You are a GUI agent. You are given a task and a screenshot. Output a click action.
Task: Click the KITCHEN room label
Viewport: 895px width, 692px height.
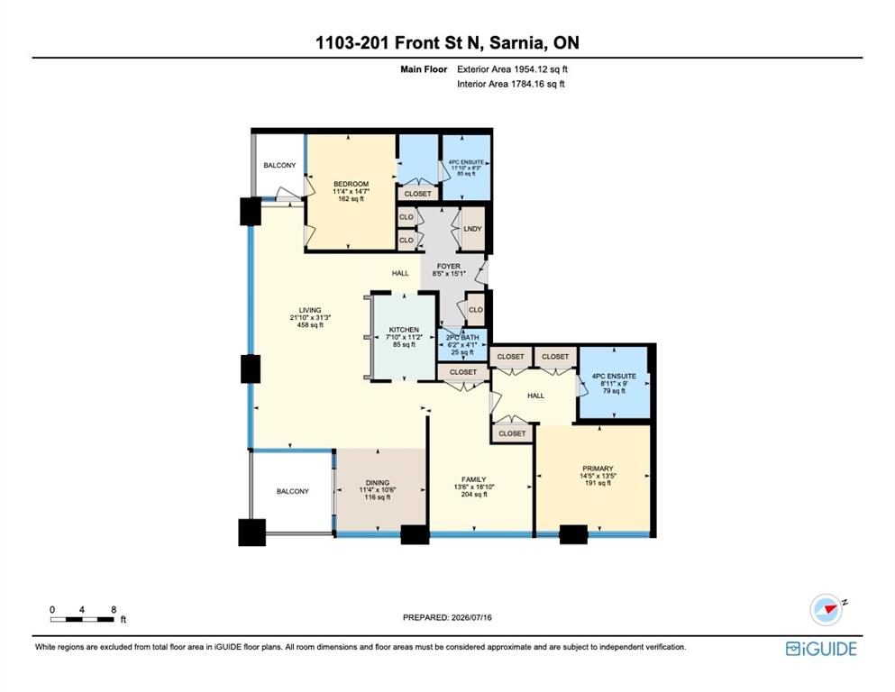(404, 330)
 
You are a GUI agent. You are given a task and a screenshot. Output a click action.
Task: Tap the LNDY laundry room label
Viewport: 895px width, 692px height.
(472, 229)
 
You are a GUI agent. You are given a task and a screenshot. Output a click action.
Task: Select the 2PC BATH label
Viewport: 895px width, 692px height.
(462, 338)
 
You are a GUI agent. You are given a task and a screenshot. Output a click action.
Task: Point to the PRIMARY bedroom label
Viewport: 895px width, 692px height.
(598, 469)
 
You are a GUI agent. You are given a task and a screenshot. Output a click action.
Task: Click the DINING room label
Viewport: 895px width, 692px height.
(378, 483)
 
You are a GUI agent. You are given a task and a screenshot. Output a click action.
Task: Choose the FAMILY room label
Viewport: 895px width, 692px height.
(474, 479)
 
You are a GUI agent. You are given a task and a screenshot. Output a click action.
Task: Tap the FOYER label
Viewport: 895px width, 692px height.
(449, 267)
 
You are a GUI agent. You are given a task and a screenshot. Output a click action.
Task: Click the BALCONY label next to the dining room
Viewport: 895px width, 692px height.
(293, 491)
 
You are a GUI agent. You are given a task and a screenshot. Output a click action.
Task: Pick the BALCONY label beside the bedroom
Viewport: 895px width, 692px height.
(279, 166)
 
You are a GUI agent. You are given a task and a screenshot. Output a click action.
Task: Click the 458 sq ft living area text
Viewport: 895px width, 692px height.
(310, 325)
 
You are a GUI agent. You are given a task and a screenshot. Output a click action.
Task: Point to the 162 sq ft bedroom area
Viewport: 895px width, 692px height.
(351, 199)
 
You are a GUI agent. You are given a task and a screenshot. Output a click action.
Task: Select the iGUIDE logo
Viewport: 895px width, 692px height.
(821, 649)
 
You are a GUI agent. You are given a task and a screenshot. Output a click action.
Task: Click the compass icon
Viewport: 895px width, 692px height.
(827, 609)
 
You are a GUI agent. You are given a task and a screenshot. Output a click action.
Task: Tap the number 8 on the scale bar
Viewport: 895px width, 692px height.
(114, 609)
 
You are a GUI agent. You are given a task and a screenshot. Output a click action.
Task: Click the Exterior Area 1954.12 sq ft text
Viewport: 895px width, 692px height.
(512, 69)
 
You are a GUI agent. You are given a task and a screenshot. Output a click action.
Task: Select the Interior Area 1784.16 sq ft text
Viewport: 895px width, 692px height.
(511, 84)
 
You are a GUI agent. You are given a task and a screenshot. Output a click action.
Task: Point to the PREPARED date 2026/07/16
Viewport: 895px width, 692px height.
(471, 617)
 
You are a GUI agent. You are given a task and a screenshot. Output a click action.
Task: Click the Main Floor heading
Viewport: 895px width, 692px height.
(424, 69)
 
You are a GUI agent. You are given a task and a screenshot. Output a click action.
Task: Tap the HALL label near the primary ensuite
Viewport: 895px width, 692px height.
(536, 396)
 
